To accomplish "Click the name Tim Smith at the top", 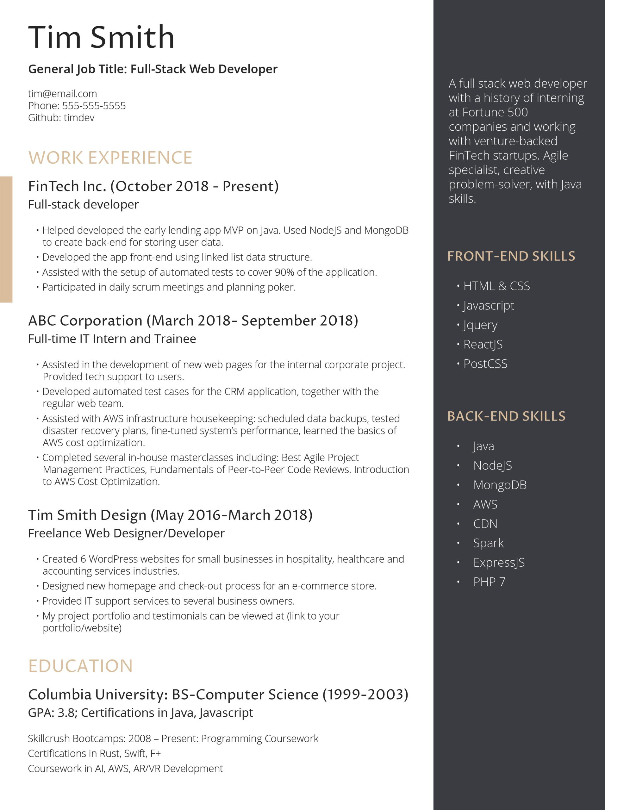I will point(101,37).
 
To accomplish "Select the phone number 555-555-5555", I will point(94,106).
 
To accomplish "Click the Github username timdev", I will point(79,118).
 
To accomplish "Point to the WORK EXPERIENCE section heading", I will point(110,158).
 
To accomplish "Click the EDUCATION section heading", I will point(80,666).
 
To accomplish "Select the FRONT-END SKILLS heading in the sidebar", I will point(511,256).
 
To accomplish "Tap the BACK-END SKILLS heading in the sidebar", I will point(506,416).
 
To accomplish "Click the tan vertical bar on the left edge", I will point(6,239).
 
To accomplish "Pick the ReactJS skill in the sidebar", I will point(483,344).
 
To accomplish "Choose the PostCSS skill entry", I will point(485,364).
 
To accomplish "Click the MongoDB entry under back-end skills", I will point(500,485).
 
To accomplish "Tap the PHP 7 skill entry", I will point(489,582).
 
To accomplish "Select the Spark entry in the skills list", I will point(488,543).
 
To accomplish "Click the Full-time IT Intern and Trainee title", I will point(112,339).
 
